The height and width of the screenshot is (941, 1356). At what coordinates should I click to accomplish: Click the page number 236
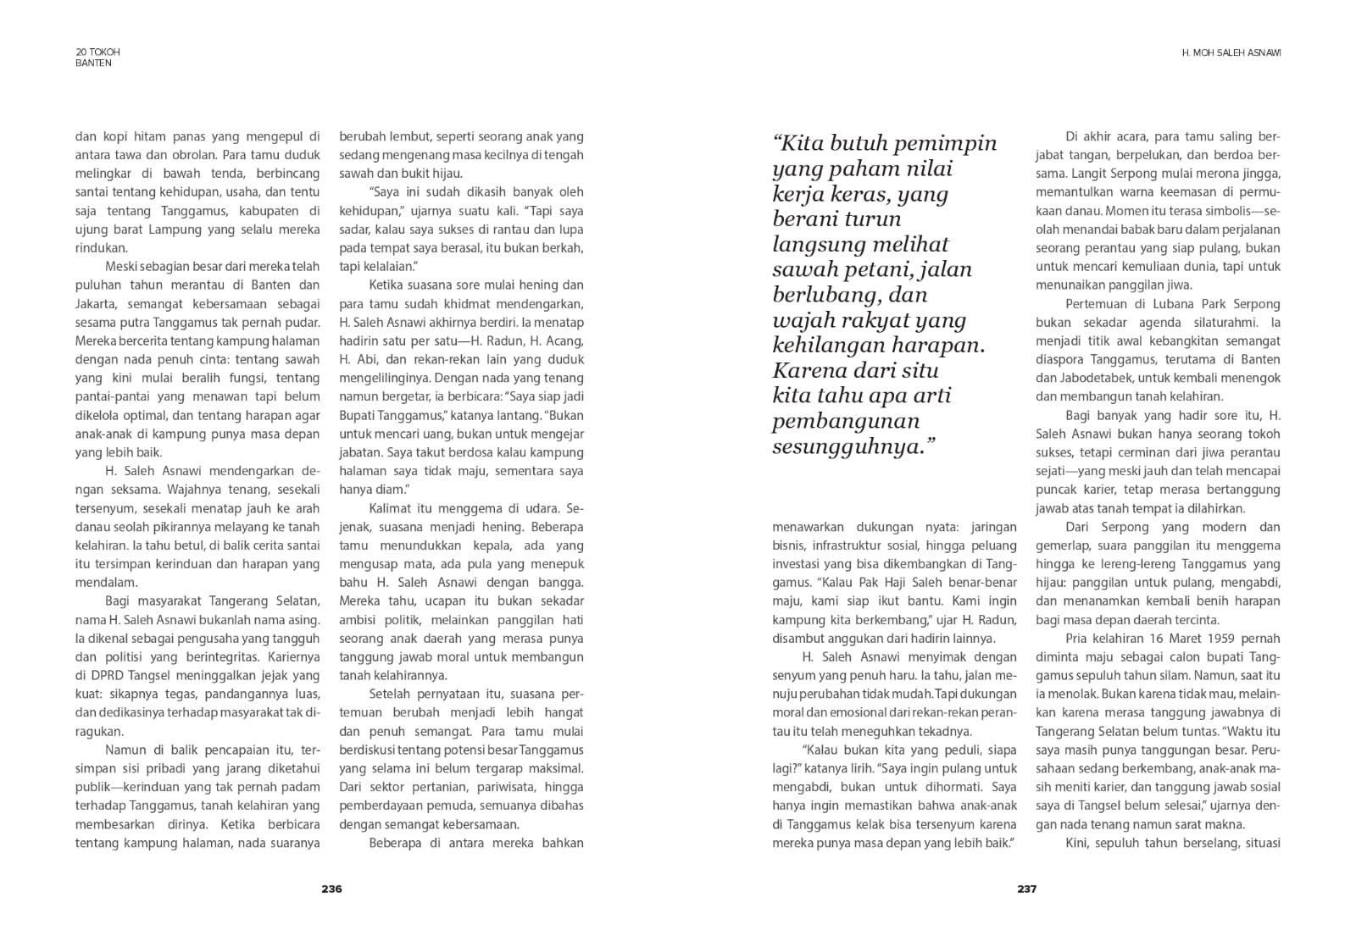[331, 888]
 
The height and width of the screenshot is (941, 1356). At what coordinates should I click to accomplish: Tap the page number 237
[1026, 888]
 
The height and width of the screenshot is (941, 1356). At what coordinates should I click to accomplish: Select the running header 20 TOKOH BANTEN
[97, 57]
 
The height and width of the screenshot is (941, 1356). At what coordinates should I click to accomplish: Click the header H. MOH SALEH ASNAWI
[1231, 53]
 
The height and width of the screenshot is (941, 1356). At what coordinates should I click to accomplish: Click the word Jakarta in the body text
[96, 303]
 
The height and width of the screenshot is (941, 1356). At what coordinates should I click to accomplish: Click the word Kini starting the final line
[1077, 843]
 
